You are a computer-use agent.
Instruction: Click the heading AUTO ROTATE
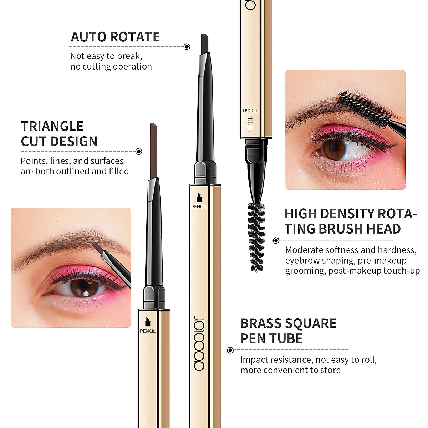(115, 37)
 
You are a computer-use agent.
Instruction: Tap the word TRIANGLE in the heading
(52, 126)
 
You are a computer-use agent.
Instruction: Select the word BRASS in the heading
(264, 323)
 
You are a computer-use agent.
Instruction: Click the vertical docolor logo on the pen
(200, 343)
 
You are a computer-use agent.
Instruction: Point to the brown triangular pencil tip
(153, 150)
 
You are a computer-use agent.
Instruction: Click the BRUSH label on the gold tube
(250, 111)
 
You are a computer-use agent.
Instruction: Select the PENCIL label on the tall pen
(199, 206)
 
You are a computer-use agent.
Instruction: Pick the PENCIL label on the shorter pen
(148, 331)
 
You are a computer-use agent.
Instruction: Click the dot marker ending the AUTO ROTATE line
(187, 47)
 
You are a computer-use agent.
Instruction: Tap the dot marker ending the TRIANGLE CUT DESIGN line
(139, 152)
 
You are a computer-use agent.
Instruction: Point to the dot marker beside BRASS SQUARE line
(230, 350)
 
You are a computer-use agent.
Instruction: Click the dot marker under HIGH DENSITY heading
(276, 241)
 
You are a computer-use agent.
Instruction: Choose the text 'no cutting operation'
(111, 67)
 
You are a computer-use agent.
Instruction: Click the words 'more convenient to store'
(290, 370)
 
